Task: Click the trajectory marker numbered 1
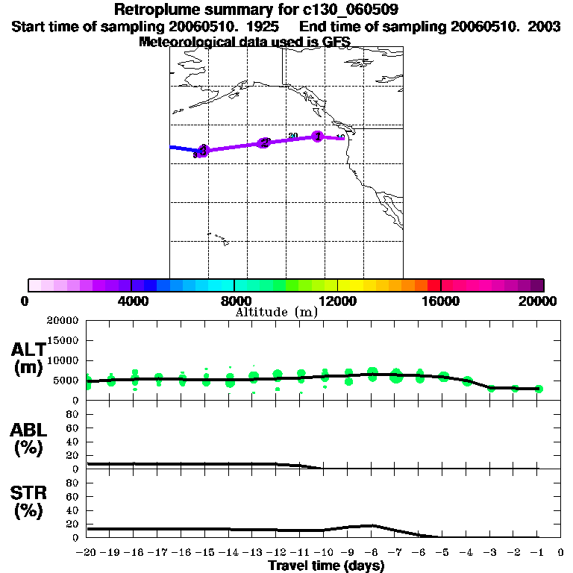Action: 318,137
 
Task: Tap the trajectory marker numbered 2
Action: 264,143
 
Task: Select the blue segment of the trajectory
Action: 183,148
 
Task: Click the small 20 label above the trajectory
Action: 293,135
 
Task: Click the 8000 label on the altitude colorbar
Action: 234,301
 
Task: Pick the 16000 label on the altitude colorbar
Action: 441,301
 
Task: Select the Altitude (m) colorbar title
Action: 276,312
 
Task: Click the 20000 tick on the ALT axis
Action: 63,321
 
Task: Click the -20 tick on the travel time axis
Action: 87,553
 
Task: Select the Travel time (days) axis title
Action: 326,566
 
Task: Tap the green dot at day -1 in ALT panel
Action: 539,389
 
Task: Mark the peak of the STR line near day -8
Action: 372,525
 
